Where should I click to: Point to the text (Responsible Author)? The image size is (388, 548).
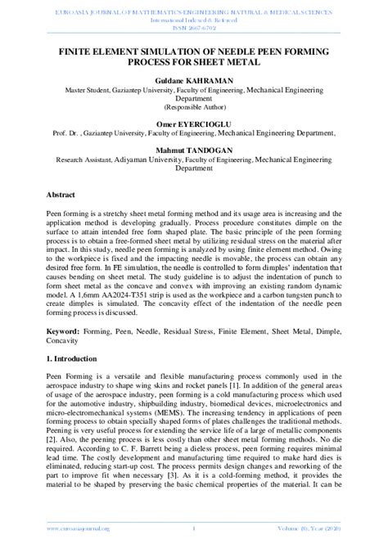(194, 107)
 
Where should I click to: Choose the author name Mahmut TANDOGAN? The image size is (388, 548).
(194, 150)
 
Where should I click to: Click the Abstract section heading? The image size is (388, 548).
(61, 196)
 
